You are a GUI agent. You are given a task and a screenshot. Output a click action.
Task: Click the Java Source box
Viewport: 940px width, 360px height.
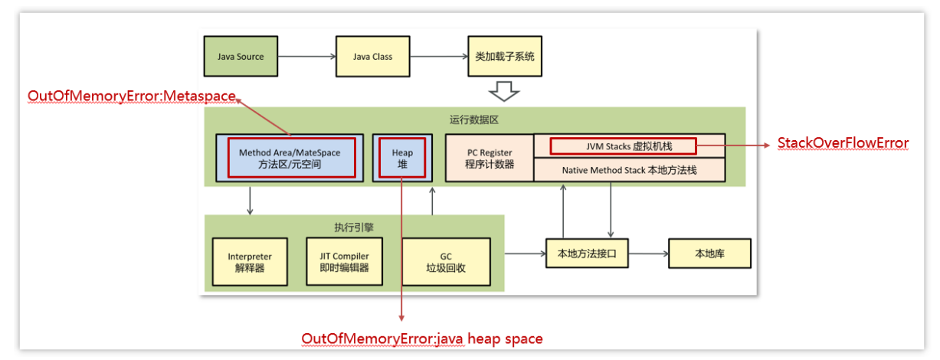pos(240,56)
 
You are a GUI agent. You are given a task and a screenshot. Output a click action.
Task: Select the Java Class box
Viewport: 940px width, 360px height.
pos(372,56)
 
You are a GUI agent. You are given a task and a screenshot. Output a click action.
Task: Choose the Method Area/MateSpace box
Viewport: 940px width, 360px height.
pos(290,158)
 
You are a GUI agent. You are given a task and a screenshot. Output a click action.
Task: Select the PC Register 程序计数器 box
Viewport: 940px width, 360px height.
pos(489,158)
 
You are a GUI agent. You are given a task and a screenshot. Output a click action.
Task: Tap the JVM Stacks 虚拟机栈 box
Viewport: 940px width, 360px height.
pos(622,146)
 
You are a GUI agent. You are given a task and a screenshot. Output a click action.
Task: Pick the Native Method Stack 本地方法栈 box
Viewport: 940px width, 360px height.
pos(628,169)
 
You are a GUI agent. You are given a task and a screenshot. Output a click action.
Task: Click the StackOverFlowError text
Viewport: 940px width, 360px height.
pos(843,143)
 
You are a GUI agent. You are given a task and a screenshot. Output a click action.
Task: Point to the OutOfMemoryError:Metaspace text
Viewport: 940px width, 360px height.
pos(132,97)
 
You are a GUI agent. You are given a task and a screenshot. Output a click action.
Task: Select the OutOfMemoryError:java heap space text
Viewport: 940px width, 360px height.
pos(422,338)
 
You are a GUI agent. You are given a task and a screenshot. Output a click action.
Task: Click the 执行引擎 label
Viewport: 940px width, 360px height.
pos(354,227)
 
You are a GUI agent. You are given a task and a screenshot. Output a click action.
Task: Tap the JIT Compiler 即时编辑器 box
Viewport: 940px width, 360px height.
pos(344,262)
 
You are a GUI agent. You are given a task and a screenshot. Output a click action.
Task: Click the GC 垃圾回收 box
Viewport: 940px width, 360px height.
pos(445,262)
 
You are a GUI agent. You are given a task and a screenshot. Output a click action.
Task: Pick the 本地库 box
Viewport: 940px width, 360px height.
pos(709,253)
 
